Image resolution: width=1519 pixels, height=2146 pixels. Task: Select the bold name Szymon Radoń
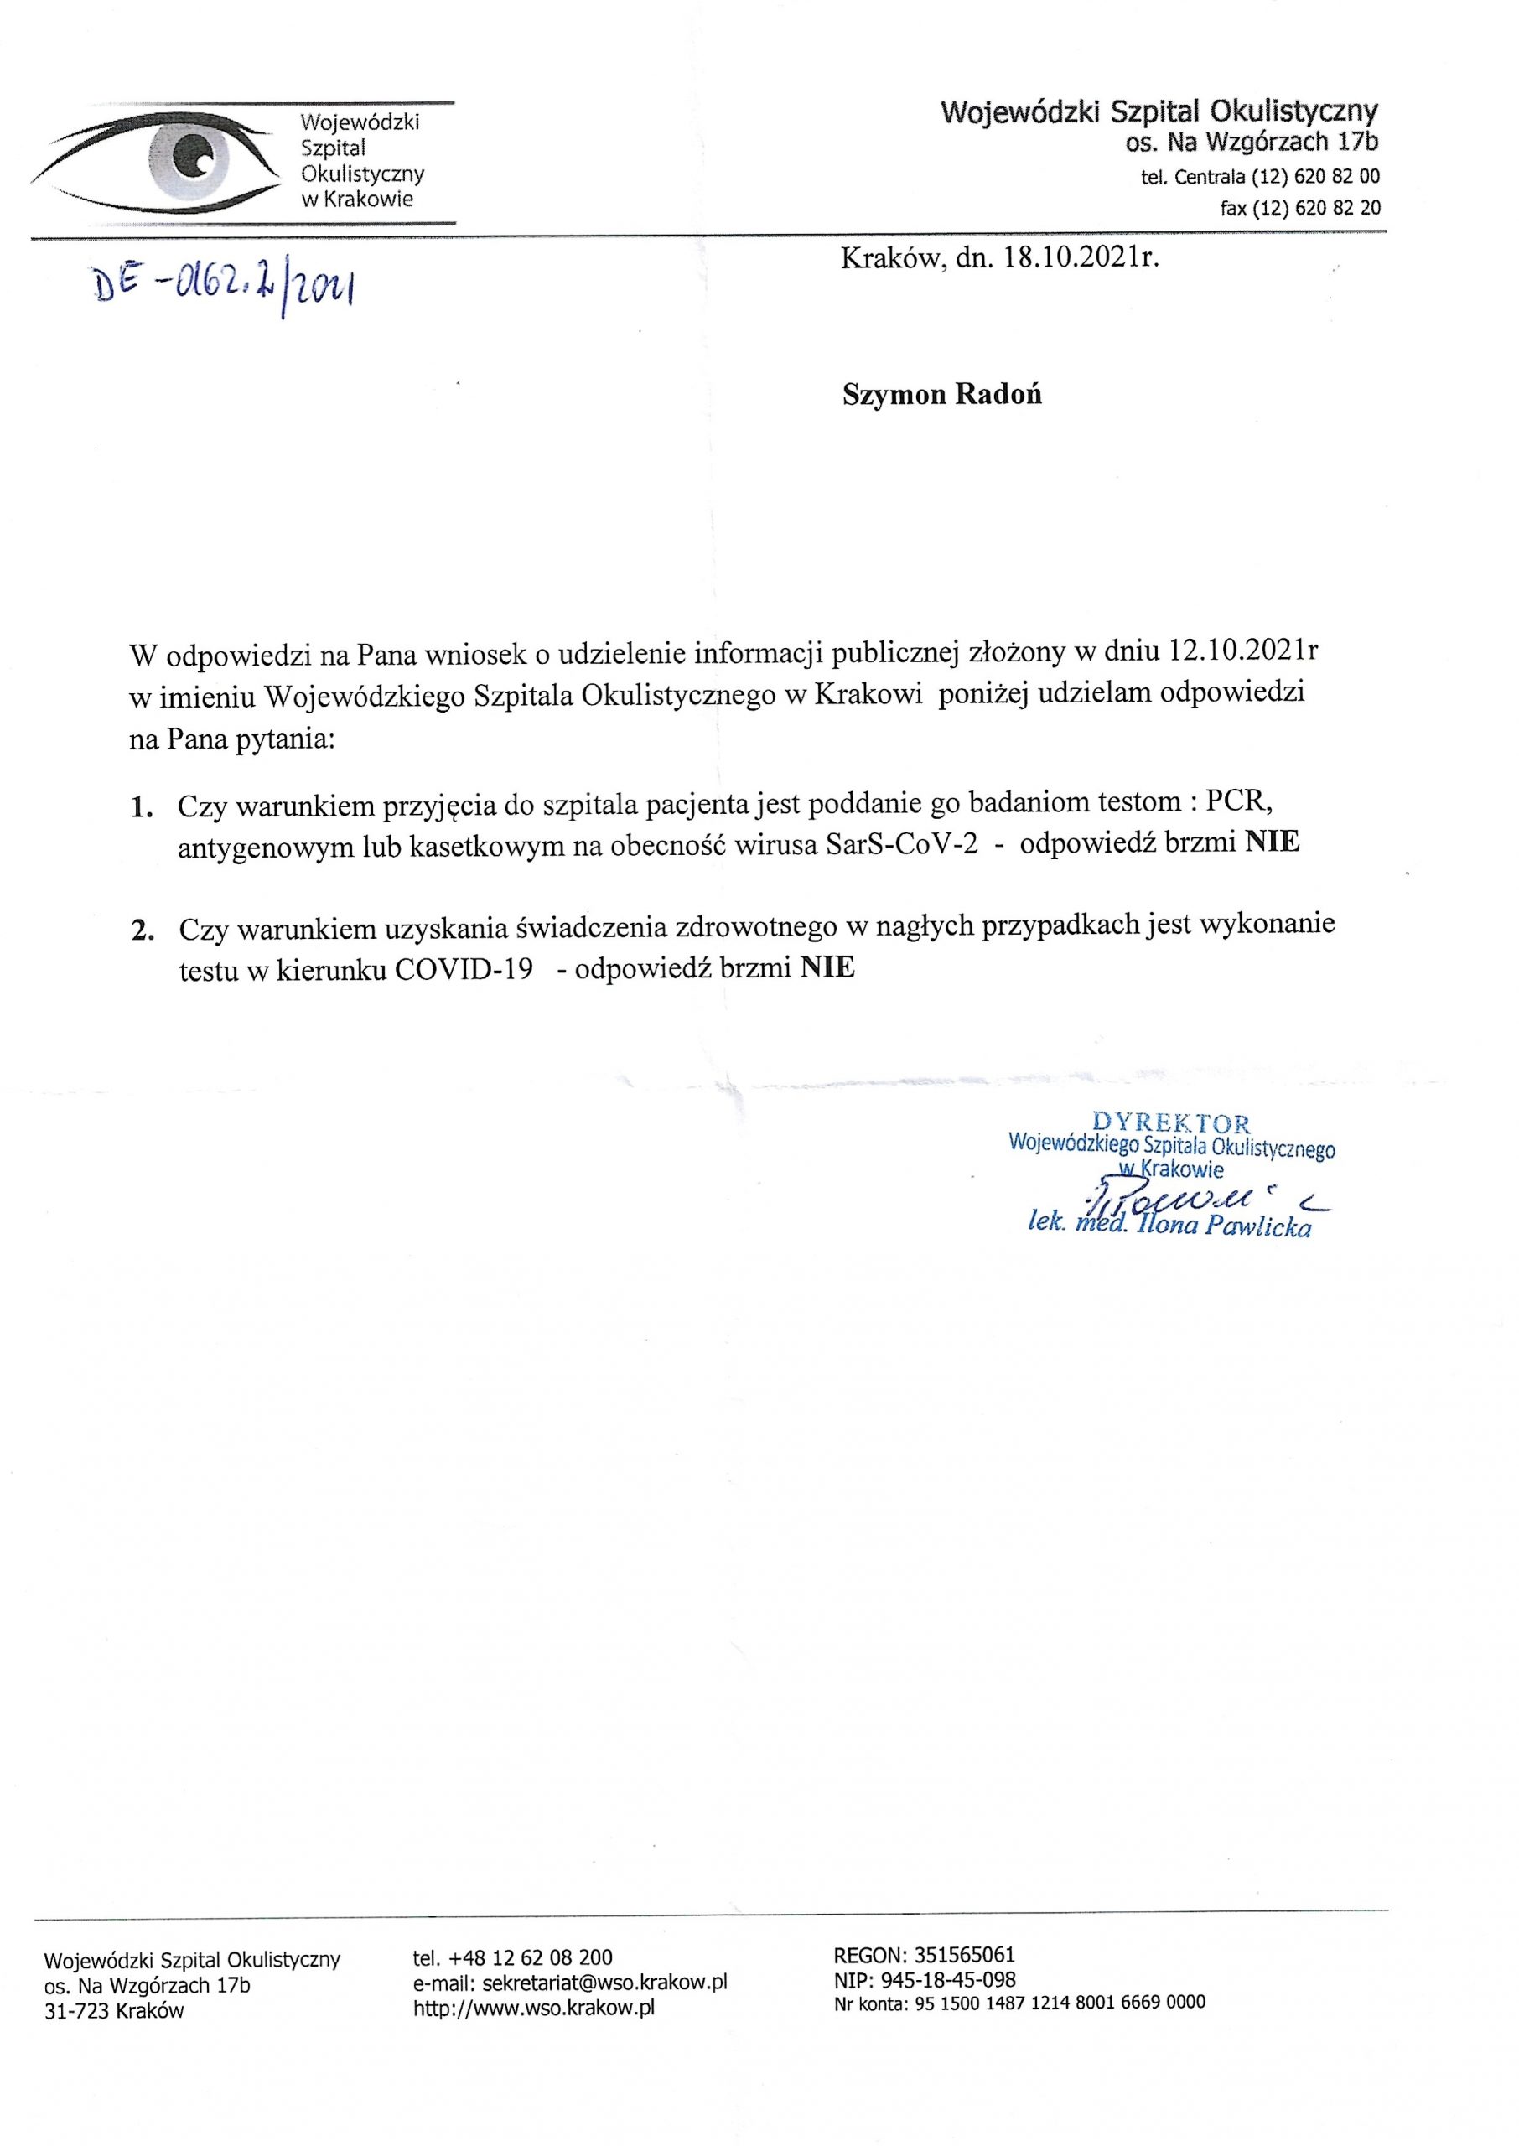942,395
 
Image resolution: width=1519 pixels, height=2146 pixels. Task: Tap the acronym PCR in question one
1237,802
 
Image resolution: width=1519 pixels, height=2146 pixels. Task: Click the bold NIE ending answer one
1272,842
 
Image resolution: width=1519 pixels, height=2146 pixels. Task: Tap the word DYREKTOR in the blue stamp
1171,1123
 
